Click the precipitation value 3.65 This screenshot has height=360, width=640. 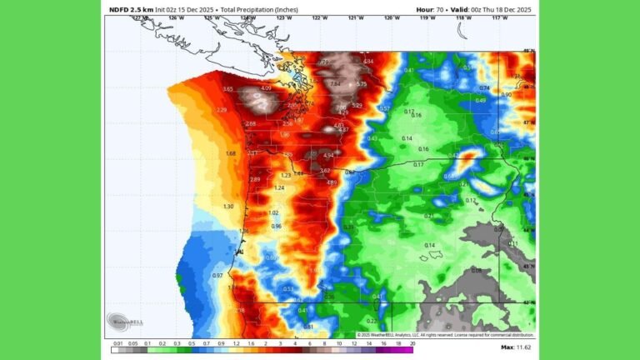[228, 89]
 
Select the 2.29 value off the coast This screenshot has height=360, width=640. [222, 110]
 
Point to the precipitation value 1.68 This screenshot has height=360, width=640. [231, 153]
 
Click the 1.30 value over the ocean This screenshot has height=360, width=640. [228, 206]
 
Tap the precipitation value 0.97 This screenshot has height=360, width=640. [217, 275]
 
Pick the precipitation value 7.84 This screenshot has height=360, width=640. [335, 83]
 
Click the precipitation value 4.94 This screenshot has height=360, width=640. [328, 155]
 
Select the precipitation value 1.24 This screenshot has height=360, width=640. [279, 187]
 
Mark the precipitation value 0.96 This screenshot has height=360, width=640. [276, 226]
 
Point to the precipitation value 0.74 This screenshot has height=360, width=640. [484, 87]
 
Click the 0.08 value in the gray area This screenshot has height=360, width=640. [476, 270]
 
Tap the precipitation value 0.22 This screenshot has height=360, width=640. [372, 320]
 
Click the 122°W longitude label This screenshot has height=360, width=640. [319, 17]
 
